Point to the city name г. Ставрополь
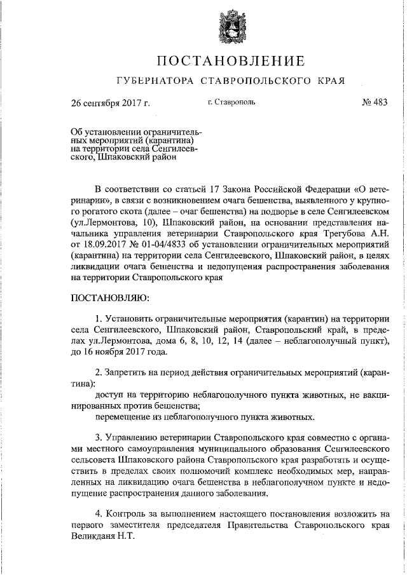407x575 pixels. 231,102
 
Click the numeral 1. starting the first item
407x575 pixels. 98,318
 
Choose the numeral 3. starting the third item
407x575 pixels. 98,438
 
